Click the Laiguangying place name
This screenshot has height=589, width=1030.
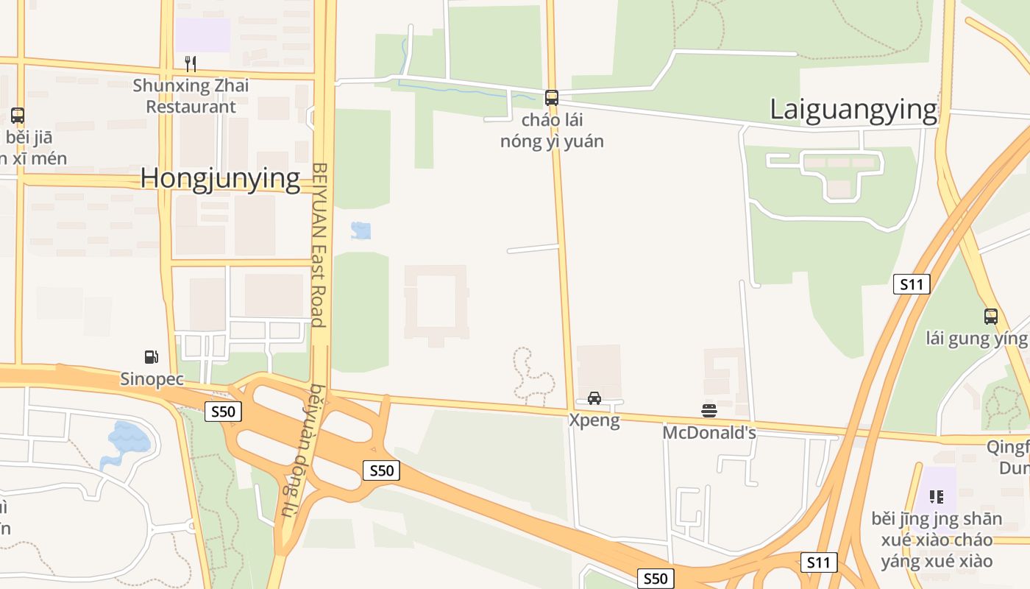click(x=853, y=110)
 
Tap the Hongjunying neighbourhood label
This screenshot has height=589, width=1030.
click(x=220, y=179)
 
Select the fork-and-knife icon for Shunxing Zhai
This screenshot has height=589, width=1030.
click(x=190, y=63)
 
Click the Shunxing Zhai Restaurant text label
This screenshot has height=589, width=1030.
click(x=191, y=96)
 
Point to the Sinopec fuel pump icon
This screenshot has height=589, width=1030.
click(x=151, y=357)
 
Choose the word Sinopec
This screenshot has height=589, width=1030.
click(x=152, y=379)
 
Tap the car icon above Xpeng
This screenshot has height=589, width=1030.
click(x=594, y=398)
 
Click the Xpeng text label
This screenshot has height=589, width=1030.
click(x=594, y=420)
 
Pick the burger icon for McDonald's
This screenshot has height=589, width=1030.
click(x=709, y=410)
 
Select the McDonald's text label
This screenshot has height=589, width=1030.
click(x=709, y=432)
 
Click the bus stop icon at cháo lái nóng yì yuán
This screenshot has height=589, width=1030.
click(x=551, y=97)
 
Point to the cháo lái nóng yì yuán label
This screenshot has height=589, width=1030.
click(x=552, y=130)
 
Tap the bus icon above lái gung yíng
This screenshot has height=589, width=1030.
click(x=991, y=317)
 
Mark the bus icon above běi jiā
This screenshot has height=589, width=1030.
click(x=18, y=116)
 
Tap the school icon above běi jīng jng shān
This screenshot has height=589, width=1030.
click(x=936, y=496)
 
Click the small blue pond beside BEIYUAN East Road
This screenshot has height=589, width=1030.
click(x=360, y=230)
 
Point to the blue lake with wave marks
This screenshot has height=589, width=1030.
click(x=129, y=437)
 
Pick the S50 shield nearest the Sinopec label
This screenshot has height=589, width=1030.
click(x=223, y=412)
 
